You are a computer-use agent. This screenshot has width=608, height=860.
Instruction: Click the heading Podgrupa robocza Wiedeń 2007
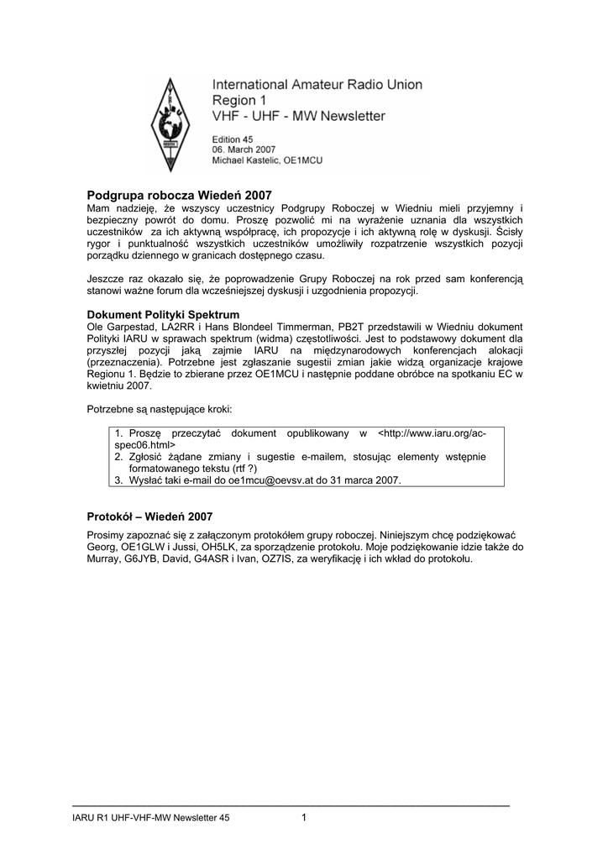[x=181, y=194]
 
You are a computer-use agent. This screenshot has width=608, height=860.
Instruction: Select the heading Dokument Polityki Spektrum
[x=158, y=314]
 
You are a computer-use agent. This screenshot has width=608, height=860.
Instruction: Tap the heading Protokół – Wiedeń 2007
[x=150, y=516]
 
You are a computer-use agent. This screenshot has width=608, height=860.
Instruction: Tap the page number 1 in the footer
[x=304, y=818]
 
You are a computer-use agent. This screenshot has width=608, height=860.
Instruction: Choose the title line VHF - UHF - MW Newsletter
[x=299, y=115]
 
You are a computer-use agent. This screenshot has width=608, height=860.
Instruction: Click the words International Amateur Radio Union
[x=317, y=85]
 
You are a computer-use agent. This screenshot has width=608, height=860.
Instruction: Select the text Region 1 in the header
[x=238, y=100]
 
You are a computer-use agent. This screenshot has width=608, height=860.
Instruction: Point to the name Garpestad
[x=127, y=326]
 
